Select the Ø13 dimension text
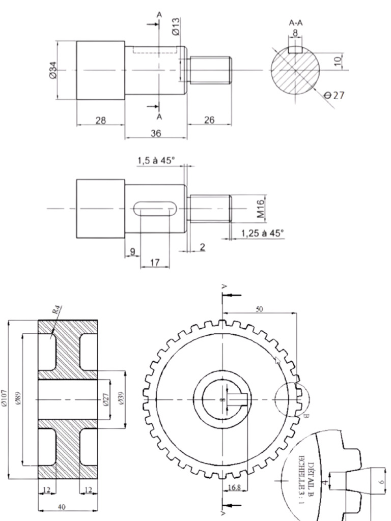(x=176, y=26)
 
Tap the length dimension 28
(x=101, y=120)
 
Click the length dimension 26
(x=209, y=120)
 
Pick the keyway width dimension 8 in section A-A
(x=295, y=33)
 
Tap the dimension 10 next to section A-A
(x=337, y=61)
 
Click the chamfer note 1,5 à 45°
(x=156, y=160)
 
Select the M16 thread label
(x=261, y=209)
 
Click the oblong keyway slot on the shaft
(x=155, y=209)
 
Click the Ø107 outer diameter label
(x=5, y=399)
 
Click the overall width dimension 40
(x=62, y=507)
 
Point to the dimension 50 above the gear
(x=260, y=309)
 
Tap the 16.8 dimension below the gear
(x=235, y=488)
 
